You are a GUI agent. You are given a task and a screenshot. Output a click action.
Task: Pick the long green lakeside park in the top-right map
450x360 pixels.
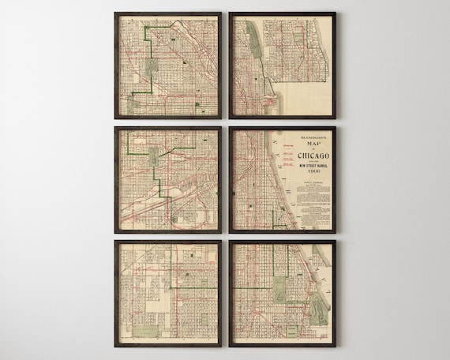pyautogui.click(x=253, y=36)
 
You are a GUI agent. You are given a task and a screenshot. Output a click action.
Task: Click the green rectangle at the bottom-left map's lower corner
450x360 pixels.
pyautogui.click(x=144, y=332)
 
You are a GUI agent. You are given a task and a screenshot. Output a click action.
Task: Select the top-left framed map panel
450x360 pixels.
pyautogui.click(x=167, y=65)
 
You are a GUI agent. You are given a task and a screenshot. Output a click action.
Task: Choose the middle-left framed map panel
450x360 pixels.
pyautogui.click(x=167, y=179)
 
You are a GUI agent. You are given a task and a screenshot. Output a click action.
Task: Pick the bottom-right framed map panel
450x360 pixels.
pyautogui.click(x=282, y=294)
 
